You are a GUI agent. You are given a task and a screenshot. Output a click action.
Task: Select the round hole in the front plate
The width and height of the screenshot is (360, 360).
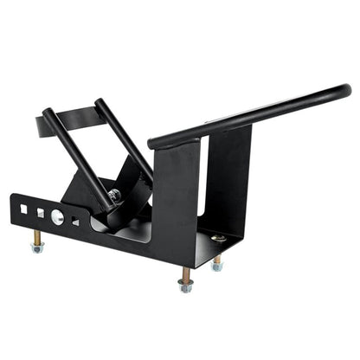point(57,216)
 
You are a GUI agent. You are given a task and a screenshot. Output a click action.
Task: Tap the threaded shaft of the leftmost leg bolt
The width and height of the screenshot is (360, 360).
point(37,236)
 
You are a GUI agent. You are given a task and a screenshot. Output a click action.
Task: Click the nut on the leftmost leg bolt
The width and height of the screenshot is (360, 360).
point(37,247)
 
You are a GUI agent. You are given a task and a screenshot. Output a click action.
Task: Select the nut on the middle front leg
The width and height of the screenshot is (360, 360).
point(185,286)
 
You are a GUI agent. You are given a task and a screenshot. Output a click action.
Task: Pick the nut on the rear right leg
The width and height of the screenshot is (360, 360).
point(216,266)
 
